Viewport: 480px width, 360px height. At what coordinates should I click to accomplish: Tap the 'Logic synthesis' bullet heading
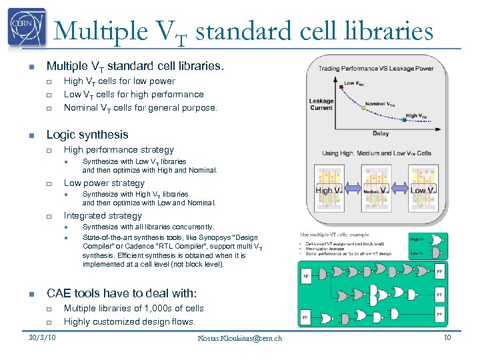click(x=87, y=134)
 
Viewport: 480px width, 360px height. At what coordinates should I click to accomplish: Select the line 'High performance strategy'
click(x=118, y=150)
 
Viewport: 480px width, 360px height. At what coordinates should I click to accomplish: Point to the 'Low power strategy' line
click(x=103, y=183)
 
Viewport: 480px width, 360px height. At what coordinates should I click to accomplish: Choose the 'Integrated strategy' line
click(x=102, y=215)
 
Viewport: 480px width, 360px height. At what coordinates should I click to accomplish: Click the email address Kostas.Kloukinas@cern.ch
click(x=239, y=338)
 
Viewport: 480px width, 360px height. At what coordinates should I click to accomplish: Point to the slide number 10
click(x=447, y=337)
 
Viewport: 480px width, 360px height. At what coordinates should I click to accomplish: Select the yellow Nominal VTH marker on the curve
click(x=363, y=108)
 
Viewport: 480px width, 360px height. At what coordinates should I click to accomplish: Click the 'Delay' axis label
click(x=381, y=133)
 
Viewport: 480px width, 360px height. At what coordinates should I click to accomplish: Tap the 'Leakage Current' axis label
click(x=321, y=105)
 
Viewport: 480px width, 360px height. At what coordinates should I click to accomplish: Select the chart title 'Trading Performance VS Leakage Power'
click(x=375, y=68)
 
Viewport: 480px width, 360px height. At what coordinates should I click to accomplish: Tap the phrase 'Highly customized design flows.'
click(x=129, y=321)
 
